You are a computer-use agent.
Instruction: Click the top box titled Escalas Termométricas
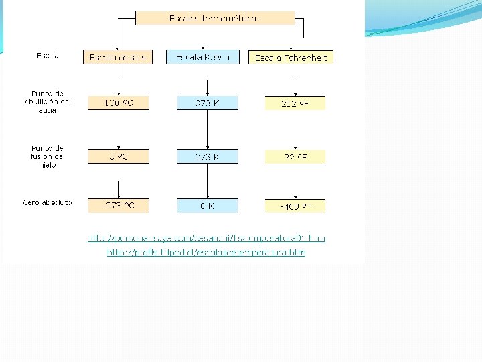(215, 18)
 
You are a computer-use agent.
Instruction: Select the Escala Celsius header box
(118, 58)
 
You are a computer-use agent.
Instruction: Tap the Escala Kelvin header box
(207, 58)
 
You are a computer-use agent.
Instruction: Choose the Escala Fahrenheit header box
(291, 58)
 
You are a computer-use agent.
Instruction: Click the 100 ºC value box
(118, 103)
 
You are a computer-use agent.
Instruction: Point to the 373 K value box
(207, 103)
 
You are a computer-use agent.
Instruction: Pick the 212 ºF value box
(295, 103)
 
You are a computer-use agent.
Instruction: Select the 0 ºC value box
(118, 156)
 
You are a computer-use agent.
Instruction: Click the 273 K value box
(207, 156)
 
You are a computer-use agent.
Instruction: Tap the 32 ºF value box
(295, 157)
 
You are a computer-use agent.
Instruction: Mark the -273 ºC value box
(118, 206)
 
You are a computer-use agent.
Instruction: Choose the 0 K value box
(207, 206)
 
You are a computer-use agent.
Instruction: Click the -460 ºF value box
(295, 206)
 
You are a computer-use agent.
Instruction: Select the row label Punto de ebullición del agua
(47, 101)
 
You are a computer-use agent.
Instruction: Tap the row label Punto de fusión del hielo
(48, 156)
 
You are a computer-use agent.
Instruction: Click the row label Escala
(48, 56)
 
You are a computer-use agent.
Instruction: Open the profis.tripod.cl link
(206, 253)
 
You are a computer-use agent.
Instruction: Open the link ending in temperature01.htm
(206, 238)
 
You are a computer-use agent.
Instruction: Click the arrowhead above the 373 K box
(208, 93)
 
